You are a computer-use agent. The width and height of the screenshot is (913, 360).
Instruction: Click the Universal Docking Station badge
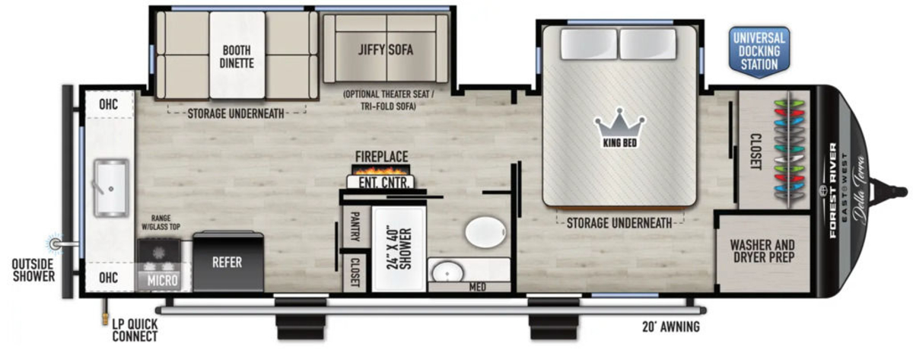[x=759, y=52]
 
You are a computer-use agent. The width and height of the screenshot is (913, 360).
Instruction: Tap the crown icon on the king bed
[x=619, y=128]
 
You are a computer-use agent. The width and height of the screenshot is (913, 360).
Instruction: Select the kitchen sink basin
[x=111, y=187]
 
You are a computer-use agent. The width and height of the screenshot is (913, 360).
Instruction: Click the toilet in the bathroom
[x=486, y=231]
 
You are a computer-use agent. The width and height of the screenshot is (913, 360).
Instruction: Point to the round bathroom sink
[x=447, y=272]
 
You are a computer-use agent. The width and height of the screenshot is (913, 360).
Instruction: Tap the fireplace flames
[x=380, y=170]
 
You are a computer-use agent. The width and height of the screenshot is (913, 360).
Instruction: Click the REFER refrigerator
[x=227, y=261]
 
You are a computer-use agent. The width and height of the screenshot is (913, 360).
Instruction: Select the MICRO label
[x=163, y=281]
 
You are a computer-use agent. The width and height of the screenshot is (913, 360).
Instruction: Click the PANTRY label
[x=355, y=227]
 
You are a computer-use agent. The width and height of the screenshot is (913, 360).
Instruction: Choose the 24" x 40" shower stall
[x=399, y=249]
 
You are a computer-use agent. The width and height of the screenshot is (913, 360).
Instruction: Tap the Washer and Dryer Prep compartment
[x=762, y=253]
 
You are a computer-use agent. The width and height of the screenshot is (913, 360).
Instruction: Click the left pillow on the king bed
[x=588, y=44]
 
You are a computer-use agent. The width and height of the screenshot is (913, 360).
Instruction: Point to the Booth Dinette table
[x=237, y=55]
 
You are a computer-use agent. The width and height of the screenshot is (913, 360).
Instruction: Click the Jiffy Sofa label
[x=386, y=49]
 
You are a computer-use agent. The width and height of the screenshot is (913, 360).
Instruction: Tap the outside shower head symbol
[x=55, y=244]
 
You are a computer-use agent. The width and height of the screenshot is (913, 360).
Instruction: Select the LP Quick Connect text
[x=135, y=330]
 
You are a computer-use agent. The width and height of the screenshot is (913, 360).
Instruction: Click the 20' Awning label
[x=671, y=327]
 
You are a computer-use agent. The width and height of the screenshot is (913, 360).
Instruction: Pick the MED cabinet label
[x=477, y=287]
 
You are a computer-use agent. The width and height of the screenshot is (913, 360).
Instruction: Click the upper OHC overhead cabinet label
[x=108, y=104]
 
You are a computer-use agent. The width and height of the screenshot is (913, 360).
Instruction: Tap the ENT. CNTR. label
[x=383, y=183]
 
